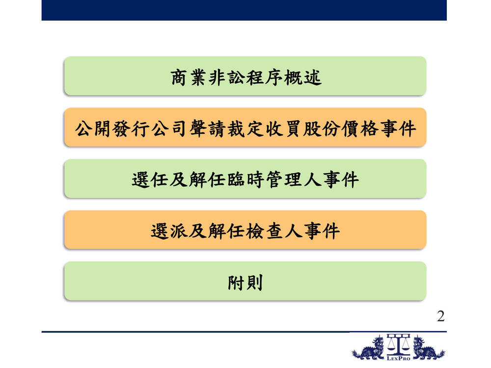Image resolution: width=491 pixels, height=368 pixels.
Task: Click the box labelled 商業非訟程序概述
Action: [x=245, y=76]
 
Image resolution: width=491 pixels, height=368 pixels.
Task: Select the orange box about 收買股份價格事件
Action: [x=245, y=128]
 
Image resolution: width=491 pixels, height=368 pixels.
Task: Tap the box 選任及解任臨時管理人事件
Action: [x=245, y=179]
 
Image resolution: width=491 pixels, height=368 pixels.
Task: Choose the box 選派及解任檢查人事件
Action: [x=245, y=230]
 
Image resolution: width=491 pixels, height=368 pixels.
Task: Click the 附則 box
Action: [x=245, y=281]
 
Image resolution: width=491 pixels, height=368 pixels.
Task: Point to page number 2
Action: [x=440, y=316]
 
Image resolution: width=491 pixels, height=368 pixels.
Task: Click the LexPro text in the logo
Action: [x=398, y=358]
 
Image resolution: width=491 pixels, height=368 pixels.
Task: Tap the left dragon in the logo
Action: [x=368, y=348]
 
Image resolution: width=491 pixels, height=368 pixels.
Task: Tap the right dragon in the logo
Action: [x=428, y=348]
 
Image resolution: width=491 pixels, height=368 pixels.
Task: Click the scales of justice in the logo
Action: [x=398, y=344]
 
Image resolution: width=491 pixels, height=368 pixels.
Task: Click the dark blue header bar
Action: [x=244, y=10]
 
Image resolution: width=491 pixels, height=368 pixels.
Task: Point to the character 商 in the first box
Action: [x=179, y=78]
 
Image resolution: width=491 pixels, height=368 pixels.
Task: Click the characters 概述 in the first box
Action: [x=303, y=78]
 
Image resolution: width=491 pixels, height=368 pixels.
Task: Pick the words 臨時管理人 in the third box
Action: [x=274, y=180]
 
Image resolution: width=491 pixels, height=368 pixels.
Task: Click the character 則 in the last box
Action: [x=254, y=283]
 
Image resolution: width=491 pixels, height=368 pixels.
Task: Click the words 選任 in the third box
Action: [x=150, y=180]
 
